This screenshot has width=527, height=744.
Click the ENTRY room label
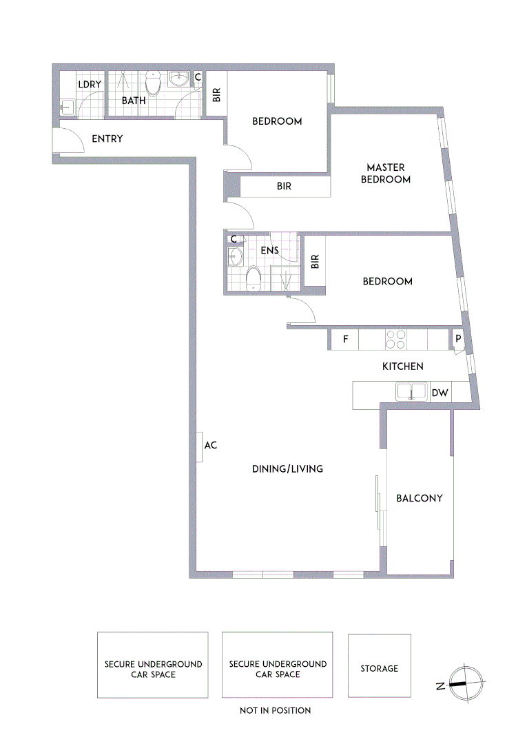(107, 139)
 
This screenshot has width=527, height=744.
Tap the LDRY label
(90, 85)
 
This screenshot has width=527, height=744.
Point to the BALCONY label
(419, 498)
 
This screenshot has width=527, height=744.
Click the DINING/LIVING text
(287, 469)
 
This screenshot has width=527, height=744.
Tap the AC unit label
(211, 446)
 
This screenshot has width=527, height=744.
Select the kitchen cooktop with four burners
(396, 340)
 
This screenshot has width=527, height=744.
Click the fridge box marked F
(345, 340)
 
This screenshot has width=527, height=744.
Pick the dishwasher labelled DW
(440, 393)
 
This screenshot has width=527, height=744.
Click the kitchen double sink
(412, 392)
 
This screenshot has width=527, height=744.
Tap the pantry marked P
(457, 340)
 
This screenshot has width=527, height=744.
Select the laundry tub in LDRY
(67, 107)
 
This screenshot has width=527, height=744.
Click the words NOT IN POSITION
(275, 710)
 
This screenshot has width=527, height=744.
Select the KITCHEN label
(403, 366)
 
